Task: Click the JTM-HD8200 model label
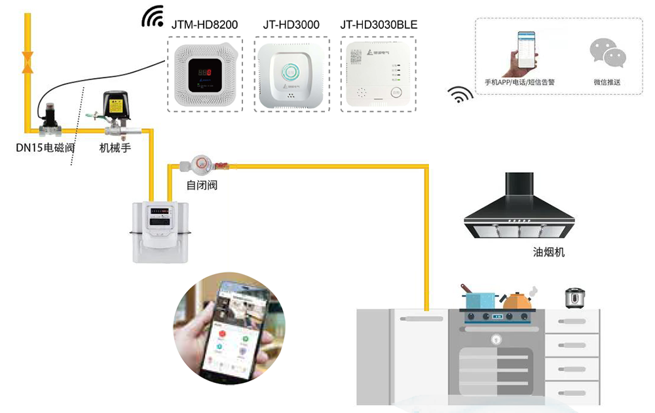pyautogui.click(x=204, y=25)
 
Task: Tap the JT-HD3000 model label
pyautogui.click(x=291, y=25)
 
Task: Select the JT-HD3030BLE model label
pyautogui.click(x=379, y=25)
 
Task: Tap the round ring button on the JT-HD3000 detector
pyautogui.click(x=291, y=70)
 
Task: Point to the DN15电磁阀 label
pyautogui.click(x=45, y=148)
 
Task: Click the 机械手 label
pyautogui.click(x=115, y=148)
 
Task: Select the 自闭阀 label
pyautogui.click(x=202, y=185)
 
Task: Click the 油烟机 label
pyautogui.click(x=549, y=251)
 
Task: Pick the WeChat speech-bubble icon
pyautogui.click(x=607, y=54)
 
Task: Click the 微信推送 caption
pyautogui.click(x=607, y=82)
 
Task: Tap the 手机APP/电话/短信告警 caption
pyautogui.click(x=519, y=82)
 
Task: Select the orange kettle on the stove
pyautogui.click(x=518, y=300)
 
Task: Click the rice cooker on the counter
pyautogui.click(x=574, y=297)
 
